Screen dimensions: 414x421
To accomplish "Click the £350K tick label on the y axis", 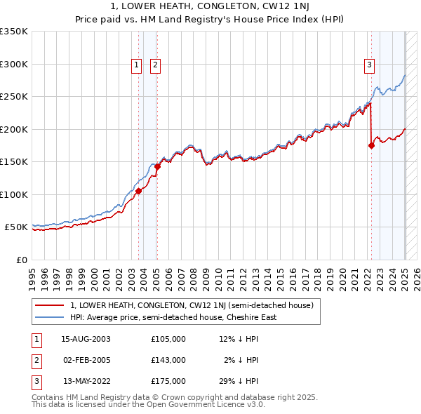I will point(14,32).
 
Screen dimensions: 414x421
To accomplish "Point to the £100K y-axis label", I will point(14,194).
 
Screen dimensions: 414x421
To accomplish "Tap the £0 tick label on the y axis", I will point(22,260).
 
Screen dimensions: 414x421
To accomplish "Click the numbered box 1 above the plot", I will point(137,66).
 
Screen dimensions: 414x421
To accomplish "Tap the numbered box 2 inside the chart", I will point(155,66).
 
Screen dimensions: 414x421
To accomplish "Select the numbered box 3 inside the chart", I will point(369,66).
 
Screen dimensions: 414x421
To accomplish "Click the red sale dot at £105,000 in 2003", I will point(139,191).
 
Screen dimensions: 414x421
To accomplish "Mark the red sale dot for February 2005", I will point(157,166).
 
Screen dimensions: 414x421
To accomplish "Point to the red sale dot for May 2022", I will point(372,146).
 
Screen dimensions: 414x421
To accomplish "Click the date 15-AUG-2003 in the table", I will point(86,339).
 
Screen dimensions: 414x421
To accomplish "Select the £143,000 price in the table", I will point(168,360).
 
